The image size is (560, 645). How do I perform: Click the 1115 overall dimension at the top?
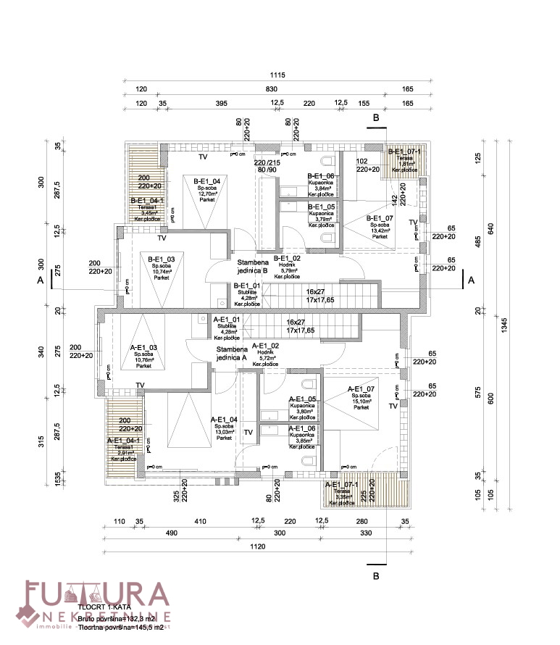click(x=279, y=75)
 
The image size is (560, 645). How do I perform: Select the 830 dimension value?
click(x=271, y=89)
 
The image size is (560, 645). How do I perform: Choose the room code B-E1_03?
click(x=161, y=259)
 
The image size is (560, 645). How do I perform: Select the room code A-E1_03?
click(x=143, y=347)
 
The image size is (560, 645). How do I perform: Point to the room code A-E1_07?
click(x=361, y=388)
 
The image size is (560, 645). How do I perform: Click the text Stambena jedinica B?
click(x=248, y=265)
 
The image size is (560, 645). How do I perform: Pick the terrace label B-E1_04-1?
click(x=147, y=201)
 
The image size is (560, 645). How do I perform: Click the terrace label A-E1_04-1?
click(x=124, y=440)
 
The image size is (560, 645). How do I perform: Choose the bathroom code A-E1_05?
click(x=302, y=399)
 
